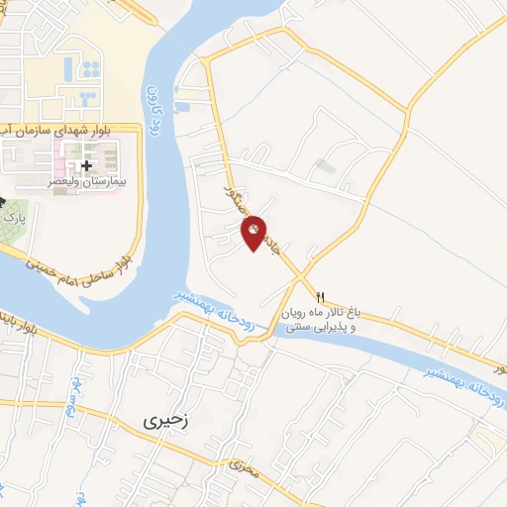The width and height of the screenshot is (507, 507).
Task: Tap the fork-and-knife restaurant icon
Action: tap(320, 296)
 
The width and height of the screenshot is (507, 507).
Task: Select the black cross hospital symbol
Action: tap(86, 164)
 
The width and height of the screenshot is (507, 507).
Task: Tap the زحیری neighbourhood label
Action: tap(165, 420)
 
